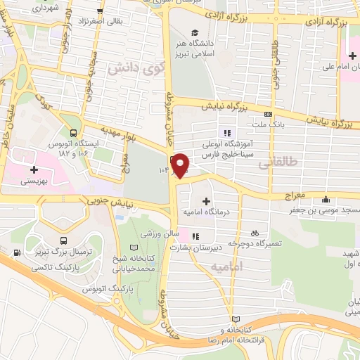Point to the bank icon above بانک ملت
pos(267,115)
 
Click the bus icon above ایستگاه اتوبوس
pos(74,131)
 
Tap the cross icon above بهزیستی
pos(34,169)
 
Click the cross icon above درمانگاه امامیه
pos(205,200)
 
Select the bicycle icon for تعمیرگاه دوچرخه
pos(255,231)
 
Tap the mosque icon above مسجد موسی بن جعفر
pos(325,198)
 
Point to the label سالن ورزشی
pos(158,233)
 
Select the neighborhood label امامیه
pos(227,266)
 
